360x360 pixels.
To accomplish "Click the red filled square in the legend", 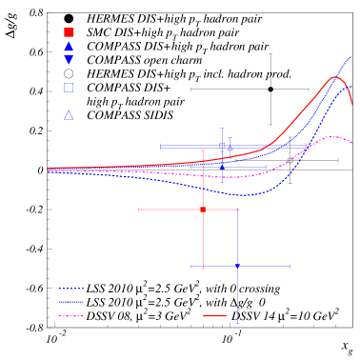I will (69, 32).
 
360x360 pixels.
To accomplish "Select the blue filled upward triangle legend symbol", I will (69, 46).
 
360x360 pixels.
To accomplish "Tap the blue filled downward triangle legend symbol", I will (69, 60).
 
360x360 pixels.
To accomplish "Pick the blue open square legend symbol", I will (69, 88).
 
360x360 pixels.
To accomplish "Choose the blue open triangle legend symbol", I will (69, 115).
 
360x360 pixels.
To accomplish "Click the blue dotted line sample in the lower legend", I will (70, 289).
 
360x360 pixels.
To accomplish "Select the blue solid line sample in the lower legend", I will (70, 302).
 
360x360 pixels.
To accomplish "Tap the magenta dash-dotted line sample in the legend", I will (70, 316).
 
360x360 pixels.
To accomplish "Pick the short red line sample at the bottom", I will (214, 316).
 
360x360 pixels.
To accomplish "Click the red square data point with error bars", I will (203, 210).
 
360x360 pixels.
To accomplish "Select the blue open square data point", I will (222, 146).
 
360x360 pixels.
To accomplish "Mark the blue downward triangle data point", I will (237, 267).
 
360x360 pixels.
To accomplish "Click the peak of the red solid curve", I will (335, 77).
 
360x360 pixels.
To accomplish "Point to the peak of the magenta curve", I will (332, 136).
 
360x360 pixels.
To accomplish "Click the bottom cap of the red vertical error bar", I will (203, 270).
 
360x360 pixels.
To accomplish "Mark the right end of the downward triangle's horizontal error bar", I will (290, 267).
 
